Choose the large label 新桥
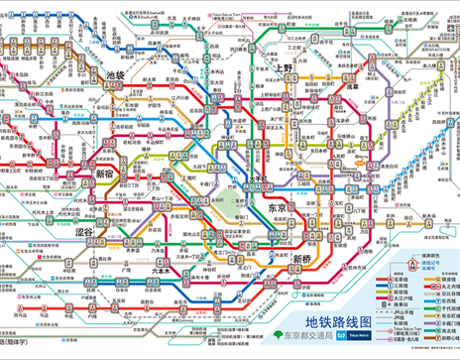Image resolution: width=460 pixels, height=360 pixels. (x=305, y=259)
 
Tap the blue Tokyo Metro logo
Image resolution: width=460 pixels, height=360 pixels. (x=369, y=338)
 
